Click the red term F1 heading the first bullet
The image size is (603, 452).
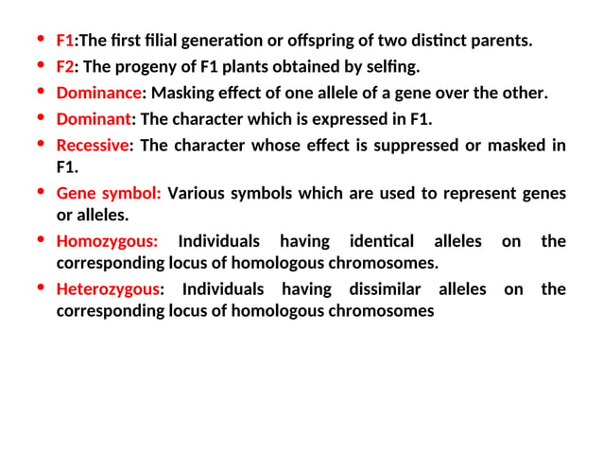[x=65, y=41]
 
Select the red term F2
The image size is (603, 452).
[x=65, y=67]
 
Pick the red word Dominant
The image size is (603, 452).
[x=94, y=119]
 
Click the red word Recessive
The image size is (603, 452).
[x=92, y=146]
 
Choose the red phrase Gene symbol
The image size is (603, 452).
[x=108, y=193]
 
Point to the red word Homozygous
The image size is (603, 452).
[x=107, y=241]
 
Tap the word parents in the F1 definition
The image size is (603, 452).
[x=503, y=41]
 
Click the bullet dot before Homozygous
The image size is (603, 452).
[x=40, y=240]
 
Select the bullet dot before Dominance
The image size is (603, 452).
[x=40, y=92]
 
